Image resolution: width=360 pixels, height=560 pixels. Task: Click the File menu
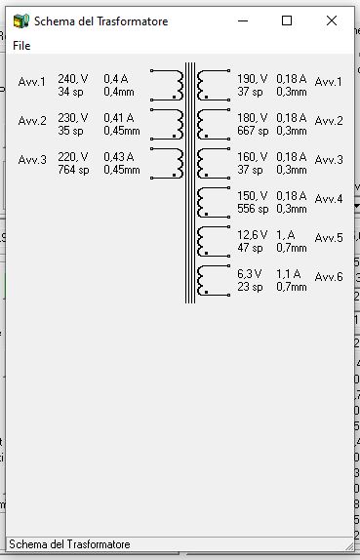click(21, 46)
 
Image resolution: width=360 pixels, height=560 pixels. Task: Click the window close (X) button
click(332, 20)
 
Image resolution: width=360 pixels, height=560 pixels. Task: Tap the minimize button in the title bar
click(243, 20)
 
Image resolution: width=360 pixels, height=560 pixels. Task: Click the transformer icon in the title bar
click(21, 21)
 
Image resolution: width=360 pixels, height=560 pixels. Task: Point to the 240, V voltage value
click(73, 79)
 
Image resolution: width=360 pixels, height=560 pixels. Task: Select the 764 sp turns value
click(73, 170)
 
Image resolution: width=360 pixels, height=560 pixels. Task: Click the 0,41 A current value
click(119, 117)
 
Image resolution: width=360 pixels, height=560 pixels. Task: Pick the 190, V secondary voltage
click(252, 79)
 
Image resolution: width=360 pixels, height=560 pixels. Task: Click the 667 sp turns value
click(253, 131)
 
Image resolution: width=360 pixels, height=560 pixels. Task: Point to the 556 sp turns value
click(253, 209)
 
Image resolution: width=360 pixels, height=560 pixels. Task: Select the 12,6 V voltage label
click(252, 235)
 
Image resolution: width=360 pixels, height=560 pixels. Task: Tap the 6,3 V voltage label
click(250, 273)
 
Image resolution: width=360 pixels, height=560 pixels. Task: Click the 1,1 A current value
click(288, 273)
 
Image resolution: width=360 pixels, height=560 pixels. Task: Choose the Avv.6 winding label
click(329, 276)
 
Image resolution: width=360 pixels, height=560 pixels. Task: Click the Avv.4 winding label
click(329, 199)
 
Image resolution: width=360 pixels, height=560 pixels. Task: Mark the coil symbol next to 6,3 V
click(214, 280)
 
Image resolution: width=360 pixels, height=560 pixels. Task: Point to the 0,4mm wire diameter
click(119, 92)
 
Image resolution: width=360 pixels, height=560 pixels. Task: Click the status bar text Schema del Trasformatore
click(69, 544)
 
